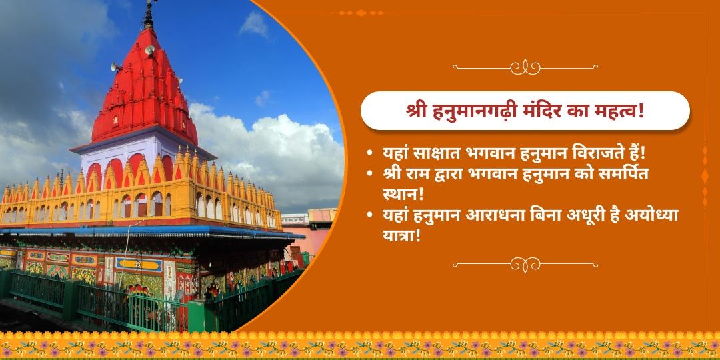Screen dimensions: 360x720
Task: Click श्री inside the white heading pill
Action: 419,111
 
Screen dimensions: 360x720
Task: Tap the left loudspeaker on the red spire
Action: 115,67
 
